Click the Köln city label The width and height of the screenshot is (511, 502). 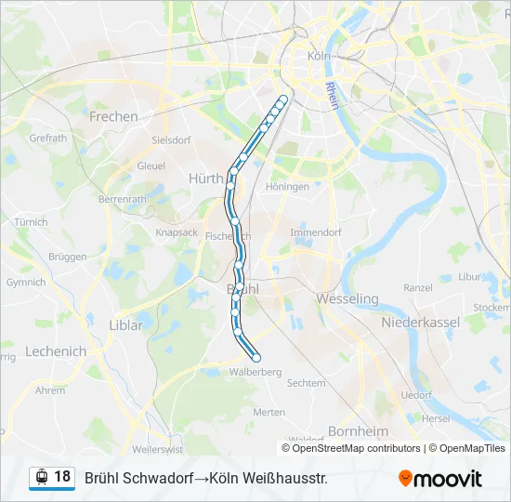coord(319,56)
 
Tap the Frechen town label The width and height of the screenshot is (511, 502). coord(113,117)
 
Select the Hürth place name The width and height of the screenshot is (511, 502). coord(205,178)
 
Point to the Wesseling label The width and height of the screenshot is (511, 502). coord(347,299)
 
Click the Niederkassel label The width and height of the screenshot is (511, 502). coord(421,322)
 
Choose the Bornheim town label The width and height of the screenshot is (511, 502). coord(358,431)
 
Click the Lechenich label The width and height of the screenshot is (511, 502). coord(56,351)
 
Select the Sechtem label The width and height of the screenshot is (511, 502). coord(307,383)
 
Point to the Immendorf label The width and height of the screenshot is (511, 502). coord(316,231)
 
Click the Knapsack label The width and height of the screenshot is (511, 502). coord(177,232)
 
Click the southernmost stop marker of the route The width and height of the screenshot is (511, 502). coord(255,358)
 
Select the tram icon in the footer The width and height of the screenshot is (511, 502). coord(41,478)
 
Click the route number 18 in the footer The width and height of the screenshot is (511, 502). coord(62,477)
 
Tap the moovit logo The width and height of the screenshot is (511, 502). coord(440,479)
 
